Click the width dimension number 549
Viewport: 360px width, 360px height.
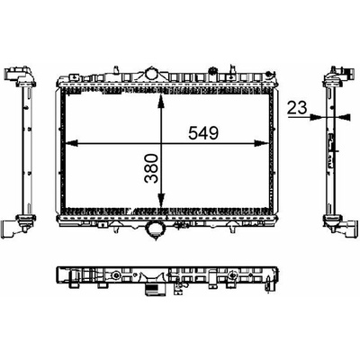pyautogui.click(x=203, y=133)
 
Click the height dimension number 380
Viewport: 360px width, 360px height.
pyautogui.click(x=151, y=168)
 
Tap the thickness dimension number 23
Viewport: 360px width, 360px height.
pyautogui.click(x=297, y=108)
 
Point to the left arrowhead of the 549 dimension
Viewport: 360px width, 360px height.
pyautogui.click(x=71, y=144)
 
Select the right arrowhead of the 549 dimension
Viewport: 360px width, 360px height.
pyautogui.click(x=262, y=144)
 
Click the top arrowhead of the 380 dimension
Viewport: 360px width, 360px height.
pyautogui.click(x=161, y=100)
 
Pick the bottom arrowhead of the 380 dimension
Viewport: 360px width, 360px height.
pyautogui.click(x=161, y=200)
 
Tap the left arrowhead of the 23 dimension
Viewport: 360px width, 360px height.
pyautogui.click(x=317, y=117)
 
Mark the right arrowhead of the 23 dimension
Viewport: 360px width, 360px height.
pyautogui.click(x=344, y=117)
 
